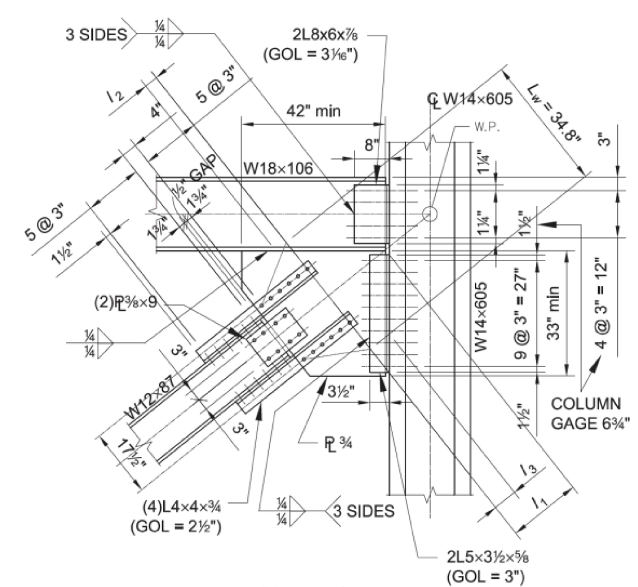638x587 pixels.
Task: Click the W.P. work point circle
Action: tap(429, 214)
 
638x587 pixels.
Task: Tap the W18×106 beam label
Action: tap(278, 168)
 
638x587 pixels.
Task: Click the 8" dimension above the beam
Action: tap(371, 145)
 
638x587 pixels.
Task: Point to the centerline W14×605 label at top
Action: tap(471, 98)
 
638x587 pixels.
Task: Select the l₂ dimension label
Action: tap(116, 95)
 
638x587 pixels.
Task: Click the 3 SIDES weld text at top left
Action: tap(96, 35)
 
